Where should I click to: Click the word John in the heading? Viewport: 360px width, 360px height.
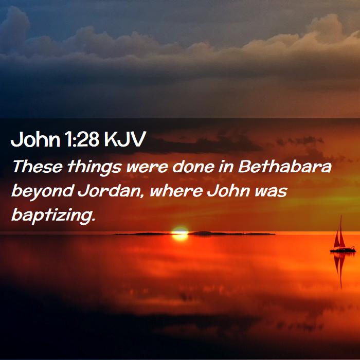point(35,139)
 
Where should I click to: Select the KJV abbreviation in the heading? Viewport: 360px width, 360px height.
point(125,139)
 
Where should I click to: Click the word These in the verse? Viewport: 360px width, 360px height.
point(37,166)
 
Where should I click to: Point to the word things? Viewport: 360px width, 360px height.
point(94,168)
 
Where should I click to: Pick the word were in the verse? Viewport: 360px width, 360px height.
point(147,168)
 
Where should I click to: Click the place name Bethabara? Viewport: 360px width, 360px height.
point(285,166)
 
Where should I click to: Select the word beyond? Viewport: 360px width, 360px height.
point(43,192)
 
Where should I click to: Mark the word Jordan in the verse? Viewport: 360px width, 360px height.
point(109,191)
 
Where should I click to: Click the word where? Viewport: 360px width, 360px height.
point(176,191)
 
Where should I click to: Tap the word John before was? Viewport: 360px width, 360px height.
point(228,191)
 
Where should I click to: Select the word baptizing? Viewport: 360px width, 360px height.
point(53,216)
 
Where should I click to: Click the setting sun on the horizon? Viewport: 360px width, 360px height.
point(180,233)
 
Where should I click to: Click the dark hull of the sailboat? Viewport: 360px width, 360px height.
point(343,250)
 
